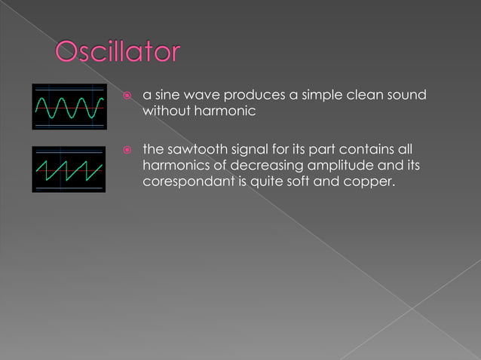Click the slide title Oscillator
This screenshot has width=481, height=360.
pos(118,53)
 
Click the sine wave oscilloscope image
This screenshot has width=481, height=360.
pos(69,108)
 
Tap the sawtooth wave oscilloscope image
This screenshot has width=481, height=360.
pos(69,169)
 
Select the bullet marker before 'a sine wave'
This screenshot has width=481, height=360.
pos(127,96)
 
